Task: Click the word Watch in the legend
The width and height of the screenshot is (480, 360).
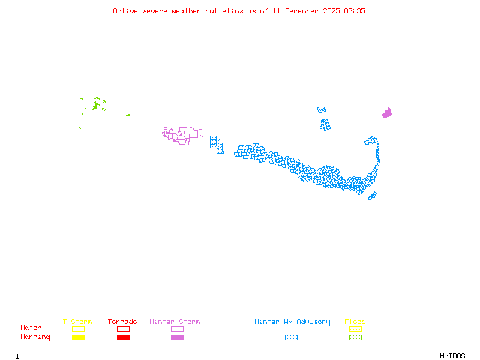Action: click(x=31, y=328)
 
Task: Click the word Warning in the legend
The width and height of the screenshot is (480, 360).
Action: click(x=35, y=337)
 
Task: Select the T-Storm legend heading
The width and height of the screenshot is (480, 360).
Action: click(x=77, y=322)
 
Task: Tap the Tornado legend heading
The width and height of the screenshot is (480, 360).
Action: click(x=122, y=322)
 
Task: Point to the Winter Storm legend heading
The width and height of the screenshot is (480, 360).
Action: click(x=175, y=322)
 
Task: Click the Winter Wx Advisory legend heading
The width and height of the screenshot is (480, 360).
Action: click(x=292, y=322)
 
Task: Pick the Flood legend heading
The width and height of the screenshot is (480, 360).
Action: click(x=355, y=322)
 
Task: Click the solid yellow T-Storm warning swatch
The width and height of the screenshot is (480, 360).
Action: click(x=78, y=338)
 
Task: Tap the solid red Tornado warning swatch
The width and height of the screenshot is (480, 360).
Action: click(x=123, y=338)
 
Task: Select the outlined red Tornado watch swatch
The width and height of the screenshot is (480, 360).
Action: click(x=123, y=329)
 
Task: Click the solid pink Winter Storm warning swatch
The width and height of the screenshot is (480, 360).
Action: click(x=177, y=338)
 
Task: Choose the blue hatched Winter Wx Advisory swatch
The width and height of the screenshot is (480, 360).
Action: click(x=291, y=338)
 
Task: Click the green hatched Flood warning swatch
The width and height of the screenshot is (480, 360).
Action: click(x=355, y=338)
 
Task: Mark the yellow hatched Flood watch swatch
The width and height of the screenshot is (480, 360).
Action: click(x=355, y=329)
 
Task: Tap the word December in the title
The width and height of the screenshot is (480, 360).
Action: click(x=302, y=11)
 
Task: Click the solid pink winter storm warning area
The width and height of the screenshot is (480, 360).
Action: click(x=387, y=113)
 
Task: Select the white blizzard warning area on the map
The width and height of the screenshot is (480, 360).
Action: click(x=380, y=163)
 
